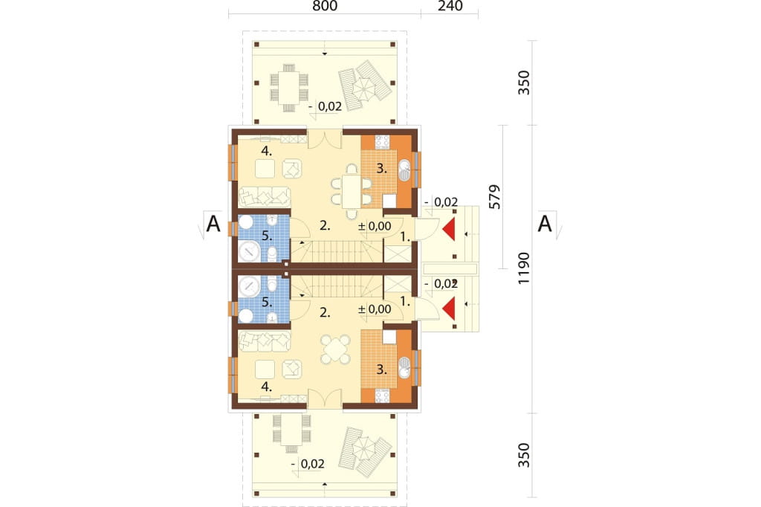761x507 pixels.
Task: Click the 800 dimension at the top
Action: (x=325, y=6)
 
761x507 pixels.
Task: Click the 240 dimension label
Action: (x=450, y=6)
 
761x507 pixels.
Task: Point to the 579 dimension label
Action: (x=494, y=197)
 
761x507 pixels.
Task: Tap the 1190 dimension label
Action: (x=524, y=268)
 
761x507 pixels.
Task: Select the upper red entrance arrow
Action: (x=449, y=229)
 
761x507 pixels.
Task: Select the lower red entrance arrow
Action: (x=449, y=309)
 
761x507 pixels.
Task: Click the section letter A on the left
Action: (x=213, y=225)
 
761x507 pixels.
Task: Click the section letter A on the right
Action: (x=545, y=225)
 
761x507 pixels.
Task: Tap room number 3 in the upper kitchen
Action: (x=382, y=169)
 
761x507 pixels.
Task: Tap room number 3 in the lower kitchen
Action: (x=382, y=369)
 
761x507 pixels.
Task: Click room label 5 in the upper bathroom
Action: (x=267, y=236)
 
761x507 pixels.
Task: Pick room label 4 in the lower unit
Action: (x=267, y=387)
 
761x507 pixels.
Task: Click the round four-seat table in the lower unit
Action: (x=335, y=349)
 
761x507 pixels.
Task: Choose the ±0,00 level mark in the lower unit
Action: (x=375, y=309)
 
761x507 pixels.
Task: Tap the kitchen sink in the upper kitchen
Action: (x=404, y=170)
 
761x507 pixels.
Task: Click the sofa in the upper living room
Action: (x=265, y=197)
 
